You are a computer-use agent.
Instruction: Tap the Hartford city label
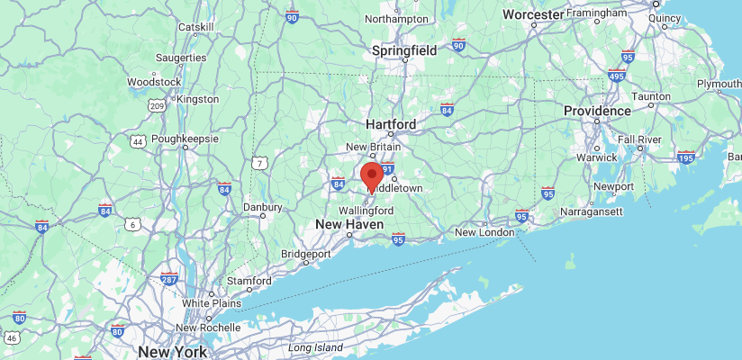click(391, 124)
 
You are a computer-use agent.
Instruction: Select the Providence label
click(598, 111)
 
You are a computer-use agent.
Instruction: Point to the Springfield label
click(404, 51)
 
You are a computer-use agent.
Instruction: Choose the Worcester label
click(533, 15)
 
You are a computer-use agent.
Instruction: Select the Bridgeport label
click(306, 254)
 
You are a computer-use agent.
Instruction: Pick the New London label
click(484, 232)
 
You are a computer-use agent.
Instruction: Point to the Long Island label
click(315, 347)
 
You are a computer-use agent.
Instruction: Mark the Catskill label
click(195, 27)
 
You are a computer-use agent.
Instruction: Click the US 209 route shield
click(157, 106)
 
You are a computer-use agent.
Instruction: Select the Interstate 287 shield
click(168, 278)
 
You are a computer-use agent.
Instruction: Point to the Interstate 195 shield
click(685, 157)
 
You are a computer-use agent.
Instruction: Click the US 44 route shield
click(138, 142)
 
